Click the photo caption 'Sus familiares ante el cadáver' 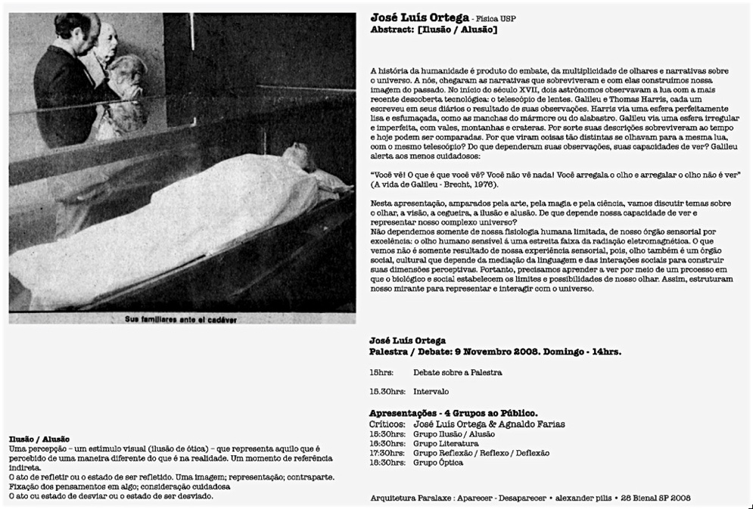click(181, 319)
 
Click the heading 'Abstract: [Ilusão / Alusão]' click(433, 29)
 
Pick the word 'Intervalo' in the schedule click(431, 392)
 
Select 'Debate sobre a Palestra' click(457, 373)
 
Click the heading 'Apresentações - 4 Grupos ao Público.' click(453, 414)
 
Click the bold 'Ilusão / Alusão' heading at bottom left click(39, 439)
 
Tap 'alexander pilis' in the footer click(583, 498)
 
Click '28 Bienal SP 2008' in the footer click(655, 498)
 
